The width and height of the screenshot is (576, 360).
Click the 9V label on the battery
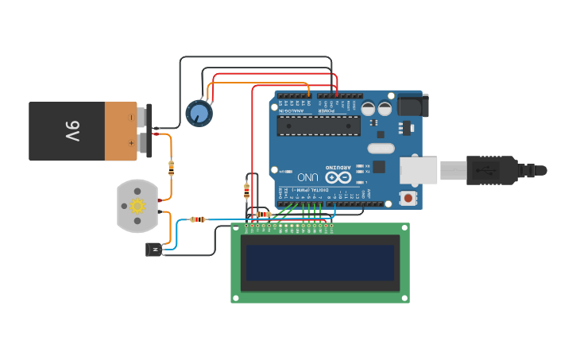click(x=72, y=131)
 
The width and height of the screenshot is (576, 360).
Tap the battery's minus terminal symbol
click(x=131, y=118)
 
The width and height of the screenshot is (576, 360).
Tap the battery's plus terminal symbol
click(x=131, y=143)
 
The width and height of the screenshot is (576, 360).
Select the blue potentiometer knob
click(x=199, y=113)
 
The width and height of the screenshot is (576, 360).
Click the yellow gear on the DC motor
click(x=138, y=206)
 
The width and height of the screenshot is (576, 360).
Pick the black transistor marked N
click(x=153, y=250)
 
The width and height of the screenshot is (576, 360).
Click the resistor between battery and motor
click(x=172, y=167)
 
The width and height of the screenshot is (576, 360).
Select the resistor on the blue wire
click(x=198, y=219)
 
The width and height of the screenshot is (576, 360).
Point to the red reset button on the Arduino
click(x=408, y=198)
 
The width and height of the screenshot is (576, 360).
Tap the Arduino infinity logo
click(x=338, y=176)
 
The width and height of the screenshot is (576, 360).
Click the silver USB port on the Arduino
click(x=418, y=169)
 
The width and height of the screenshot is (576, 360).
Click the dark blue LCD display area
click(x=320, y=263)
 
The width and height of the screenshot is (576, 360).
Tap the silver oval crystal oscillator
click(x=381, y=148)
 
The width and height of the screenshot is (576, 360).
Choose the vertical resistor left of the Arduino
click(x=246, y=190)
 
